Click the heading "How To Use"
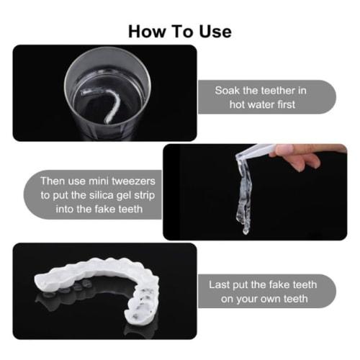(x=180, y=31)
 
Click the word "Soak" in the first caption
(x=228, y=91)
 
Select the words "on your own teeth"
(x=264, y=299)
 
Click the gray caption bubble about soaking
(x=266, y=98)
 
